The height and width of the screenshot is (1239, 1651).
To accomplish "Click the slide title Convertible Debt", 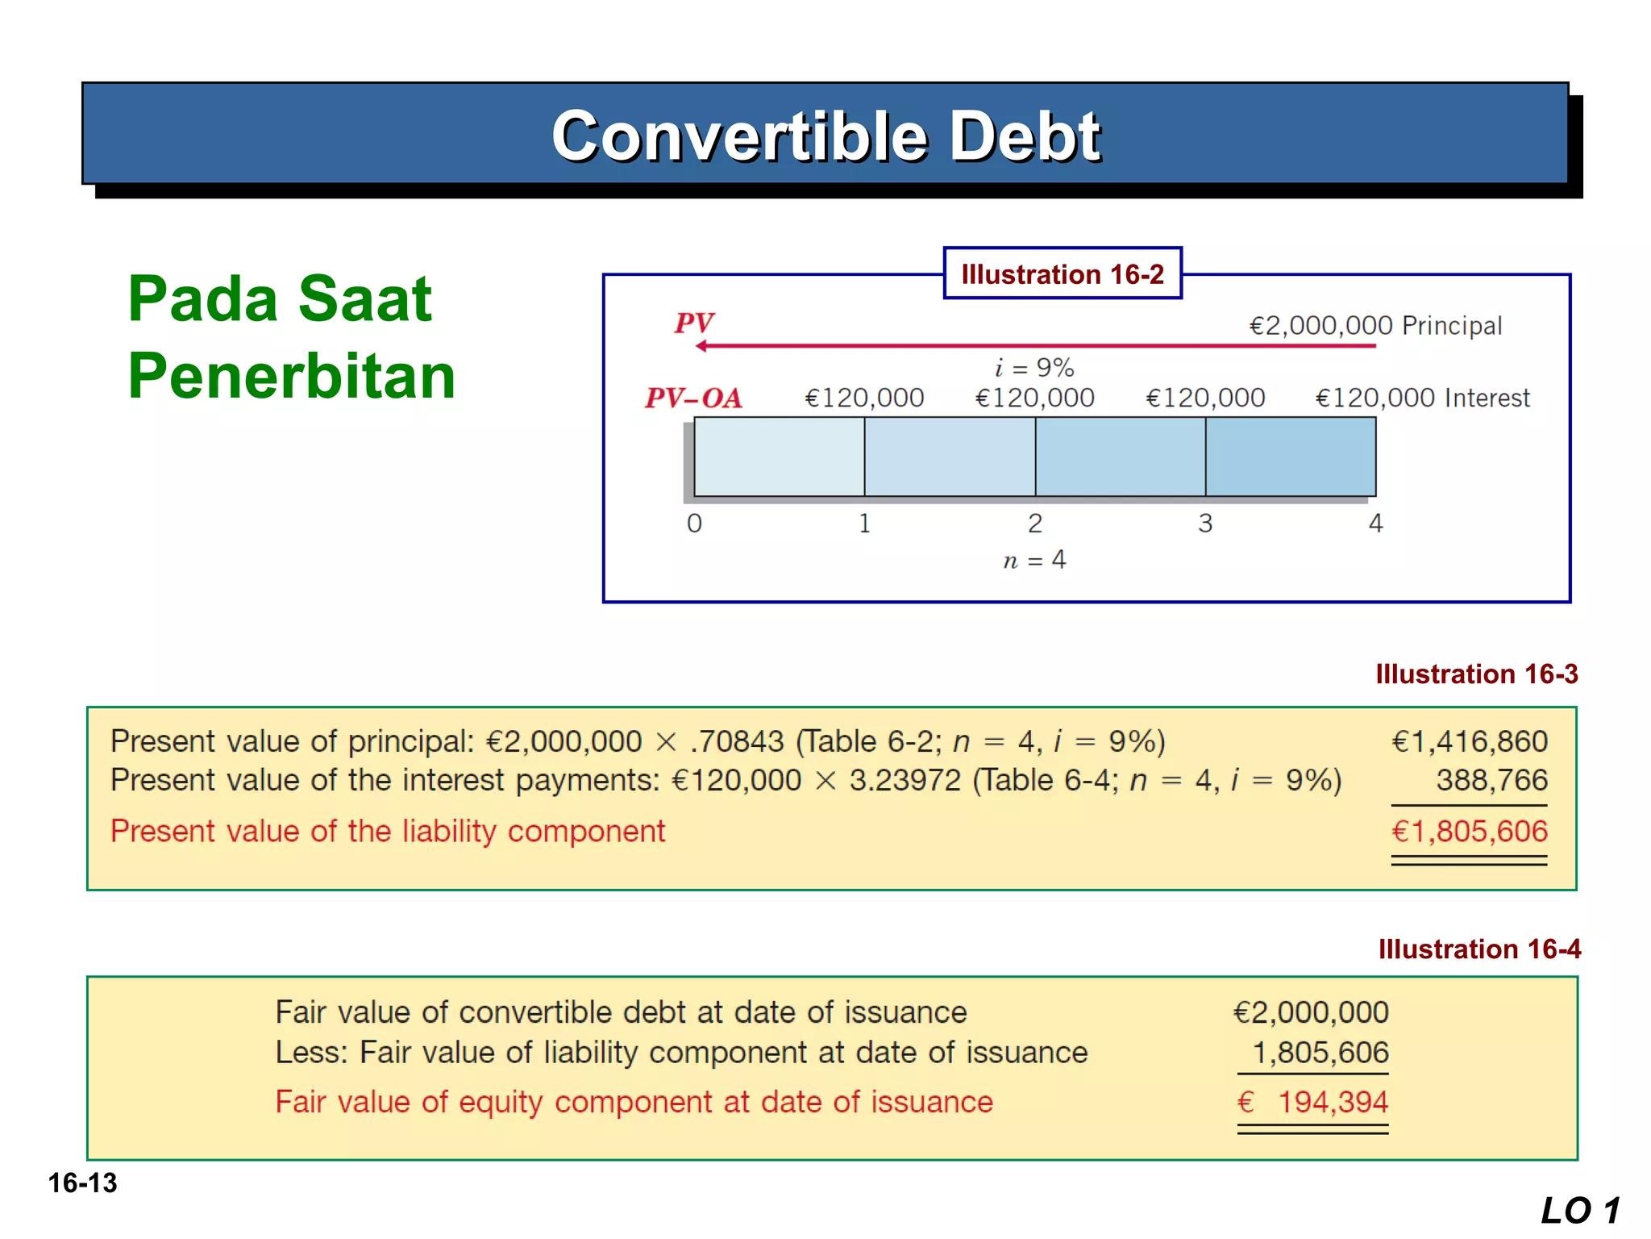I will pyautogui.click(x=825, y=136).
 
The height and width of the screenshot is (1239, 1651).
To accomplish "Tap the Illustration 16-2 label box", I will pyautogui.click(x=1063, y=274).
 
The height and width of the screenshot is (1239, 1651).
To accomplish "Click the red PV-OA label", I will pyautogui.click(x=693, y=398).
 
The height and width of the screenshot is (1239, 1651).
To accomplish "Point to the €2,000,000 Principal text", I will pyautogui.click(x=1375, y=326).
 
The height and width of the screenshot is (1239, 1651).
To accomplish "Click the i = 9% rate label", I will pyautogui.click(x=1034, y=368).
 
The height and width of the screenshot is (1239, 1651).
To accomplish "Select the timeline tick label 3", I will pyautogui.click(x=1205, y=524).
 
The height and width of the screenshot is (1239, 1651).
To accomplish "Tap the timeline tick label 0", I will pyautogui.click(x=694, y=524).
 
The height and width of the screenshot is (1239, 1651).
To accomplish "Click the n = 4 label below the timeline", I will pyautogui.click(x=1034, y=560).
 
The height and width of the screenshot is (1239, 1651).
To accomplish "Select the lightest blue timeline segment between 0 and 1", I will pyautogui.click(x=779, y=457).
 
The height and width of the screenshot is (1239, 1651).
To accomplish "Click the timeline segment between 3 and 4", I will pyautogui.click(x=1291, y=457).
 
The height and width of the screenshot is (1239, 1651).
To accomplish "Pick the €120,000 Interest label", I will pyautogui.click(x=1422, y=398).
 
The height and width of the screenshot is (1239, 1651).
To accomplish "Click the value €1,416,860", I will pyautogui.click(x=1470, y=741).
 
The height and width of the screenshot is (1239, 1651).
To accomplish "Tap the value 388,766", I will pyautogui.click(x=1491, y=780).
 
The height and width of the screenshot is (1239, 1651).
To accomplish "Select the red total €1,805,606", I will pyautogui.click(x=1470, y=832).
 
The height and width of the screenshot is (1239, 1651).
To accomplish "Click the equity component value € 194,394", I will pyautogui.click(x=1313, y=1102).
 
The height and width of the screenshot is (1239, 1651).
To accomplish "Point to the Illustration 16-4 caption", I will pyautogui.click(x=1479, y=949).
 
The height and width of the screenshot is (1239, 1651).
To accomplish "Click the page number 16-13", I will pyautogui.click(x=82, y=1183).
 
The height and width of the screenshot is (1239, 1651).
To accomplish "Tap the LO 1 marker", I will pyautogui.click(x=1579, y=1211).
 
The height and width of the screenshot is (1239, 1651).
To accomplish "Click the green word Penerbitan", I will pyautogui.click(x=292, y=376).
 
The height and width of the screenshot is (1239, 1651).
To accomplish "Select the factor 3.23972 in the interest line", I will pyautogui.click(x=905, y=780).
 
